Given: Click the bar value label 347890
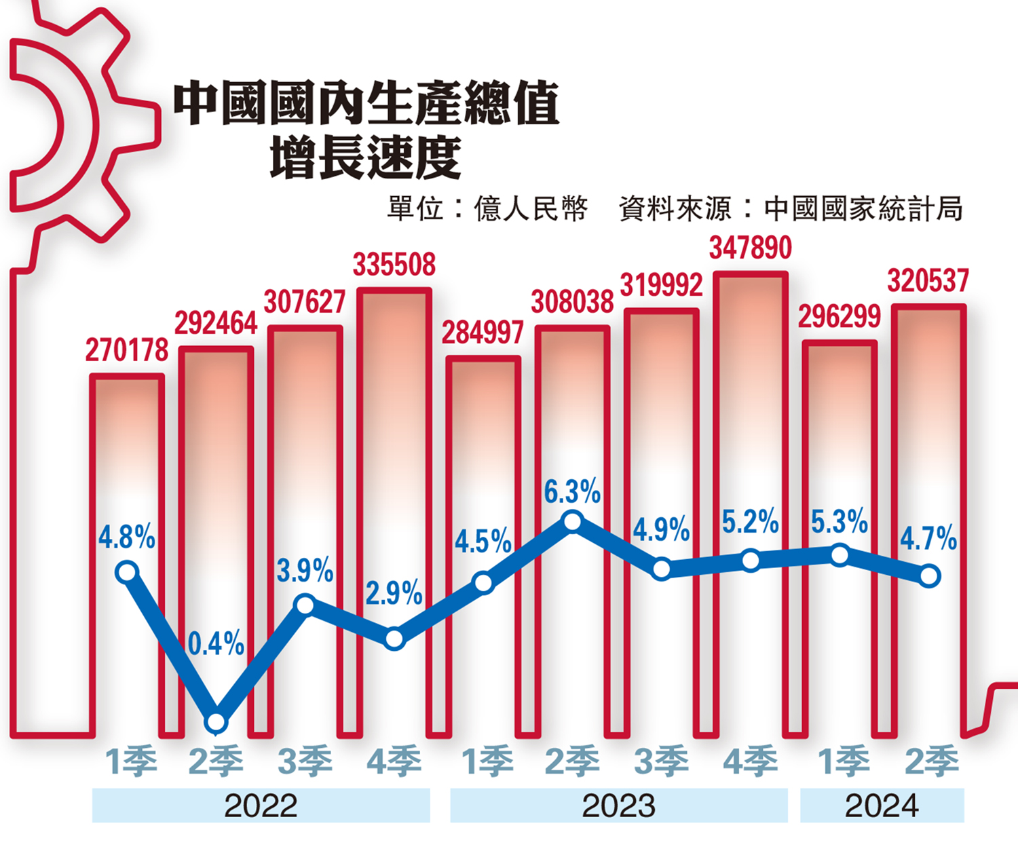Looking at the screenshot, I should click(x=750, y=248).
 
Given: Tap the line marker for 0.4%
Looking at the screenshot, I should click(x=216, y=722).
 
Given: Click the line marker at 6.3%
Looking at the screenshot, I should click(x=573, y=522).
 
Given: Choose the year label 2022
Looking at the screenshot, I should click(x=261, y=806).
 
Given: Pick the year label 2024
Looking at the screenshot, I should click(x=882, y=806).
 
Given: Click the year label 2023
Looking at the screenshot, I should click(x=618, y=806).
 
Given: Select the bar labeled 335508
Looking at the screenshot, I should click(x=394, y=441).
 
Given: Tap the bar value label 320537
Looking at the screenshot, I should click(x=928, y=281).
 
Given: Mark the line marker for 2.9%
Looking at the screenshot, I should click(x=394, y=639).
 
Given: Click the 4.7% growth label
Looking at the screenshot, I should click(x=928, y=539).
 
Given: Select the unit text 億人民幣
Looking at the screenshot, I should click(x=531, y=209).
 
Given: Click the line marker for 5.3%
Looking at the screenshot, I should click(x=840, y=556).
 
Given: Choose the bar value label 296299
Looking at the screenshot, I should click(x=839, y=317).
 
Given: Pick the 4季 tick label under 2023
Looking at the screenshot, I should click(x=750, y=761).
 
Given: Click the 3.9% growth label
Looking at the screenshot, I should click(x=305, y=571).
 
